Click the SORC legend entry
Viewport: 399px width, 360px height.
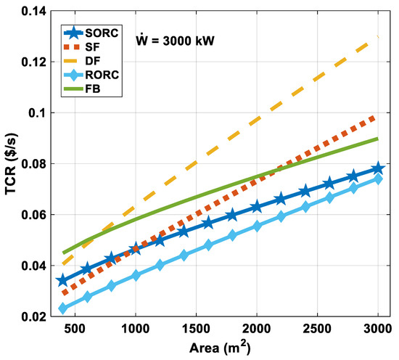coord(91,33)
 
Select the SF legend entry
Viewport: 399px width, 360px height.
coord(82,47)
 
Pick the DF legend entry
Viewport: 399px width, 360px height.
coord(82,60)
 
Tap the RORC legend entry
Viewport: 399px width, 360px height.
coord(91,75)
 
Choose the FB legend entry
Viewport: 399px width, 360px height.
coord(82,89)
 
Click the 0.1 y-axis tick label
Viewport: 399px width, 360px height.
coord(38,112)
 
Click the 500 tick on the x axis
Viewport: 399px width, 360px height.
coord(75,329)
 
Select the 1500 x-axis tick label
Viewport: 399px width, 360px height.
coord(196,329)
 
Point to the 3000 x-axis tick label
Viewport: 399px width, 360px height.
coord(378,329)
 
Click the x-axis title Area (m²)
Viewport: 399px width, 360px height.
coord(220,347)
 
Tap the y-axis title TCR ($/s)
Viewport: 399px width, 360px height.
coord(11,164)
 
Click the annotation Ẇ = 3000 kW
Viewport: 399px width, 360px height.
coord(175,40)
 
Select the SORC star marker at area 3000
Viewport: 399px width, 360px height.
coord(378,168)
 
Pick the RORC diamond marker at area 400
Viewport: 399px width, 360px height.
coord(63,308)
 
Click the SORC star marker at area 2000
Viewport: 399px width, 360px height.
coord(257,206)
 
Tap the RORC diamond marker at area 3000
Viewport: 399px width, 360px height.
coord(378,179)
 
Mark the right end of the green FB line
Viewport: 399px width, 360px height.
coord(378,139)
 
